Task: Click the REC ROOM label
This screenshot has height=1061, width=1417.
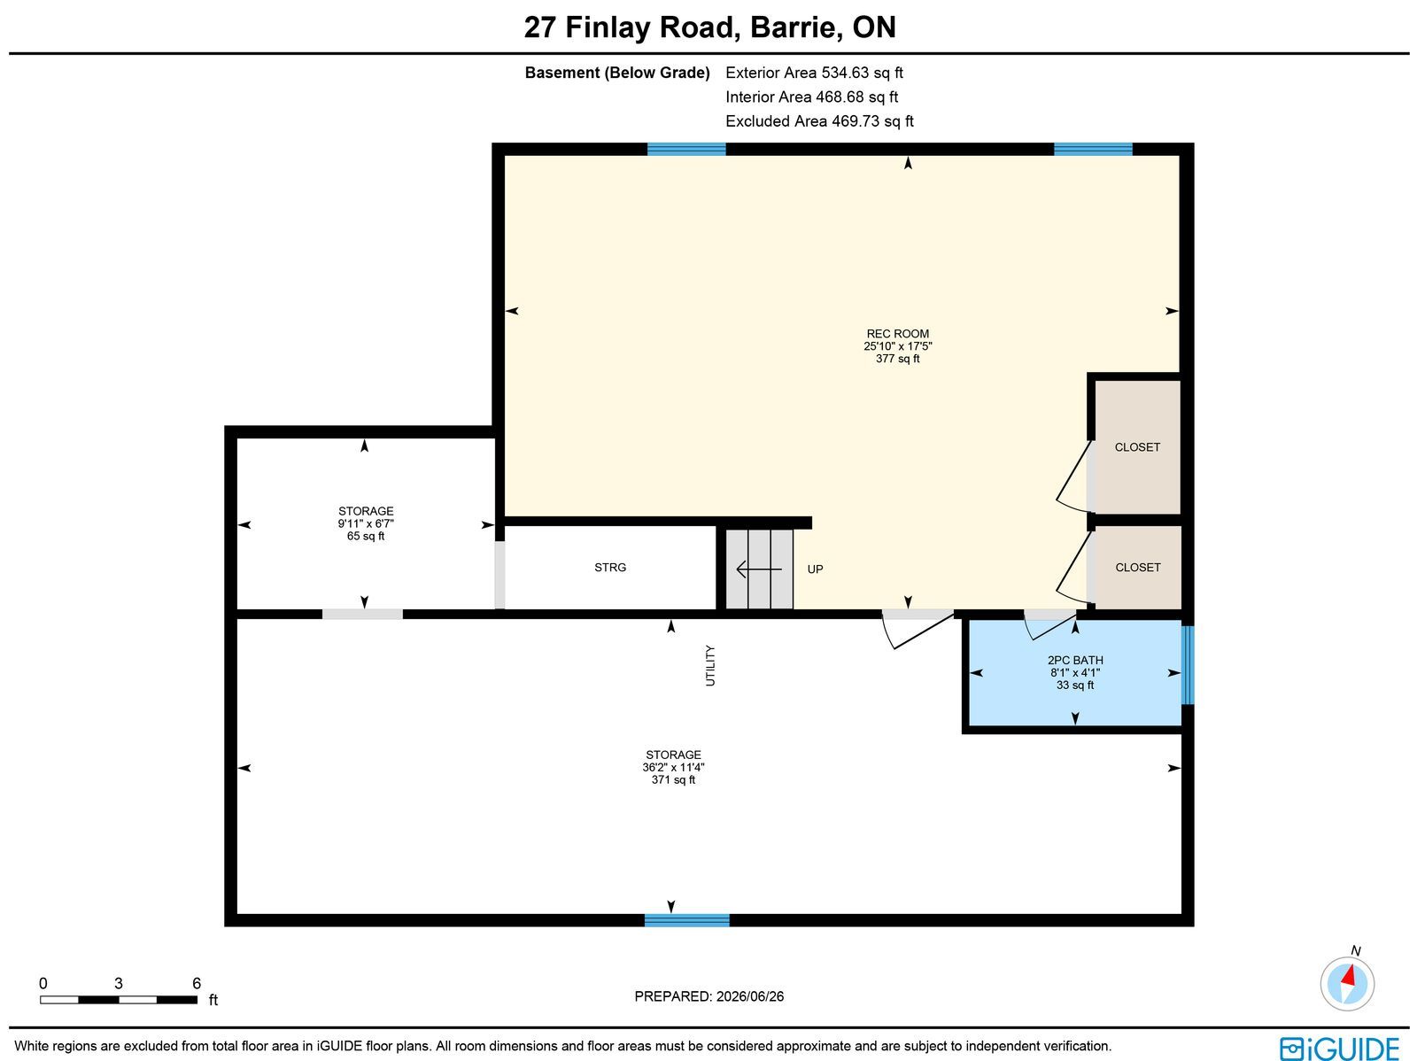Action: (x=897, y=334)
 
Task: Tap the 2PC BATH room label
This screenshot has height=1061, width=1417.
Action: (x=1075, y=660)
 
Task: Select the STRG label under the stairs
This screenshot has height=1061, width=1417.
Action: (x=610, y=568)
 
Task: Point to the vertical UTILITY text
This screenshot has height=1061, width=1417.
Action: (x=710, y=665)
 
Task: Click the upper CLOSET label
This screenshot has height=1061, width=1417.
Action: (x=1137, y=447)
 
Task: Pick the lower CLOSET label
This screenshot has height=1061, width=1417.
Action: (x=1138, y=568)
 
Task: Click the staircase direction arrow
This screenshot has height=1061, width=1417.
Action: (x=759, y=569)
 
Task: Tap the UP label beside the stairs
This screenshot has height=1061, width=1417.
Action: (x=816, y=569)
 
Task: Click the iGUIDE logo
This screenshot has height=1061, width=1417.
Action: (x=1339, y=1049)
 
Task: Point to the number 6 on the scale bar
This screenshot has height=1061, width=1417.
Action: (x=197, y=983)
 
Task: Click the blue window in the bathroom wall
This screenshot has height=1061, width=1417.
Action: (x=1188, y=665)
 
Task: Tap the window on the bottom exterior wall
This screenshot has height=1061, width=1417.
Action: (x=687, y=920)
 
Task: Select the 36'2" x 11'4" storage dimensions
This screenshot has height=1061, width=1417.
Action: (x=673, y=767)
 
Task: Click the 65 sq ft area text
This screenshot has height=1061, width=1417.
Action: (x=366, y=537)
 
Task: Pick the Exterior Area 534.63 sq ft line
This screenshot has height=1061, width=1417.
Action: (x=814, y=73)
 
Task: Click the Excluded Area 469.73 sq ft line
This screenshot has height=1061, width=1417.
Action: (x=819, y=121)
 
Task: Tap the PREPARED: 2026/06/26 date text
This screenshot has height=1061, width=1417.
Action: (x=708, y=996)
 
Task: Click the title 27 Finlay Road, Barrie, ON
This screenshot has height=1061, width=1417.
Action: (x=710, y=27)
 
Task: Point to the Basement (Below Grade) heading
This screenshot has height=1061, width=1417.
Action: (x=617, y=73)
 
